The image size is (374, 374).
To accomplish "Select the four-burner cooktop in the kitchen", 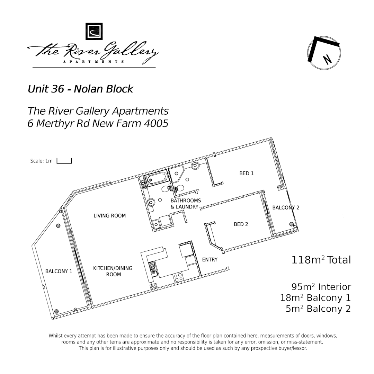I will click(178, 277).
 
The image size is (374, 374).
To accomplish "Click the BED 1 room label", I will click(247, 173).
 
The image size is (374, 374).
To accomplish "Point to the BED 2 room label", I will click(241, 224).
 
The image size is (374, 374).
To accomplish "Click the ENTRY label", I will click(210, 260).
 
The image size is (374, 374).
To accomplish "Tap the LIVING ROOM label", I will click(109, 216).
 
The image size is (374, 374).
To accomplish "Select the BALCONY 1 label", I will click(59, 271).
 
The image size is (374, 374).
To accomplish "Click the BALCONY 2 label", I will click(286, 208).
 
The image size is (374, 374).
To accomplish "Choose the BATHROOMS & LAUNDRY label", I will click(185, 204).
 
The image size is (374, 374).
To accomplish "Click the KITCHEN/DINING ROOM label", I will click(113, 271).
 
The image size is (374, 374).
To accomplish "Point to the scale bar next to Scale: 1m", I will click(64, 161).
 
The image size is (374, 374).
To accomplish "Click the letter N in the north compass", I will click(327, 59).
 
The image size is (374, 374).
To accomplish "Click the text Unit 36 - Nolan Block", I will click(80, 89).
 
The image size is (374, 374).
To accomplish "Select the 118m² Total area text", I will click(321, 260).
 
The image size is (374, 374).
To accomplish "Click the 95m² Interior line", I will click(321, 287).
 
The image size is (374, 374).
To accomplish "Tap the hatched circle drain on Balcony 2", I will click(292, 224).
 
